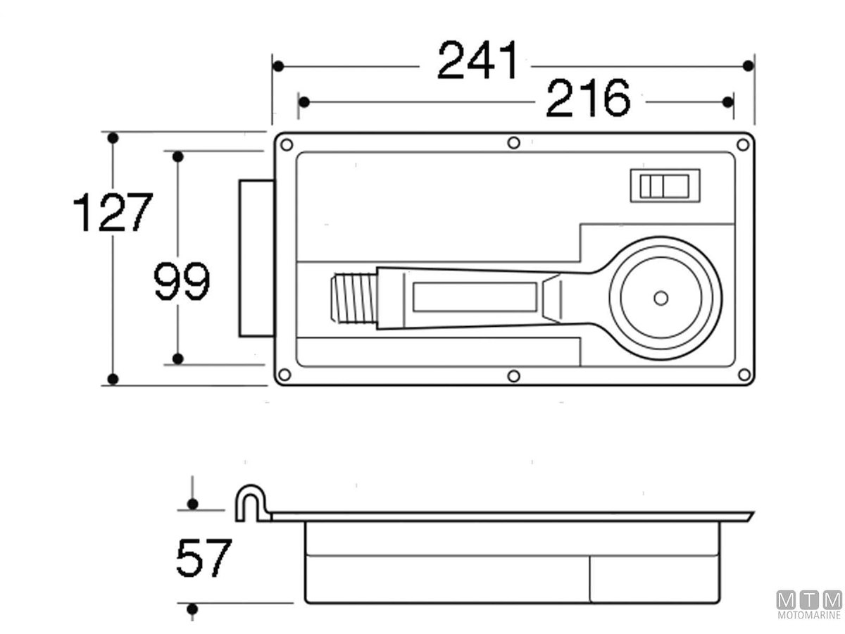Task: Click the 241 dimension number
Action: tap(477, 60)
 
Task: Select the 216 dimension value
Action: tap(588, 98)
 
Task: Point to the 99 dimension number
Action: tap(182, 280)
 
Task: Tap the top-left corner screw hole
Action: tap(287, 145)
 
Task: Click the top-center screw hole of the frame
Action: tap(513, 143)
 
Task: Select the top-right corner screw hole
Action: tap(743, 145)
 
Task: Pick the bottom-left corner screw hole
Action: tap(284, 374)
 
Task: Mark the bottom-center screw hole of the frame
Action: tap(513, 375)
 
